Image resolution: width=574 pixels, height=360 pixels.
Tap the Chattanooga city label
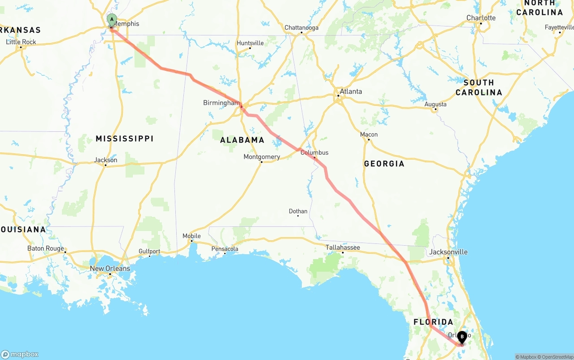[301, 28]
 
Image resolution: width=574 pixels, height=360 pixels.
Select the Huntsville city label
[250, 43]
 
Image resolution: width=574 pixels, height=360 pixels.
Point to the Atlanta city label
[351, 91]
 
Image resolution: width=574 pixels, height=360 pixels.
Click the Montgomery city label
[261, 157]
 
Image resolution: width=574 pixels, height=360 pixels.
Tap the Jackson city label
[106, 160]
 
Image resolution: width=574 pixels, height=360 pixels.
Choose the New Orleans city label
[110, 269]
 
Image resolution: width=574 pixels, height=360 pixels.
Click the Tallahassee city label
[343, 247]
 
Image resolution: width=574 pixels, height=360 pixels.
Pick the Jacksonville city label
[448, 252]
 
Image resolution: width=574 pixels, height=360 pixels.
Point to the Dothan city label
[298, 211]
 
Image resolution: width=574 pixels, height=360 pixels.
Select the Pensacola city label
[225, 249]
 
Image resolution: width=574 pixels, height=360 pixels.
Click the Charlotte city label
[481, 18]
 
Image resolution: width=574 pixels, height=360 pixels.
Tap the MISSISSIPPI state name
[125, 139]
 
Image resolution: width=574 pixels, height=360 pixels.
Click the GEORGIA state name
[384, 164]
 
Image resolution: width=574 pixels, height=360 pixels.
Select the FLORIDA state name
[433, 322]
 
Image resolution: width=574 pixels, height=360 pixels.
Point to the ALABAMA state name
[242, 140]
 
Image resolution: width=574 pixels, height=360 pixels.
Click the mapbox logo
[20, 354]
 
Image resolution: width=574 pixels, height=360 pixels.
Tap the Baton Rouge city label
[46, 248]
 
